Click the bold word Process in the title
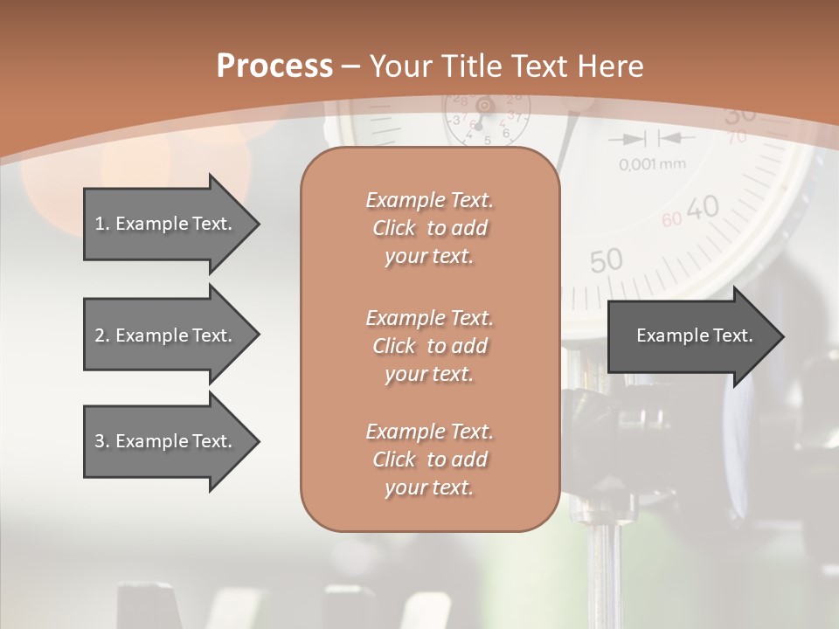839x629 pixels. pos(274,66)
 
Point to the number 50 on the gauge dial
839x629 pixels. pos(606,260)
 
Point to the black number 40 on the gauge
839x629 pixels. pos(702,208)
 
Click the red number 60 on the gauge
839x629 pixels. pos(671,220)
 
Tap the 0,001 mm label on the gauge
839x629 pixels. pos(652,164)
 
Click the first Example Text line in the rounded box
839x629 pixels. pos(429,200)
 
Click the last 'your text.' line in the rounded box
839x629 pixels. pos(429,488)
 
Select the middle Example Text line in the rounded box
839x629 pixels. pos(429,317)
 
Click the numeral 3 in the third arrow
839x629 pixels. pos(99,441)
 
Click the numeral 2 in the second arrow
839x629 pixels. pos(99,335)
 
